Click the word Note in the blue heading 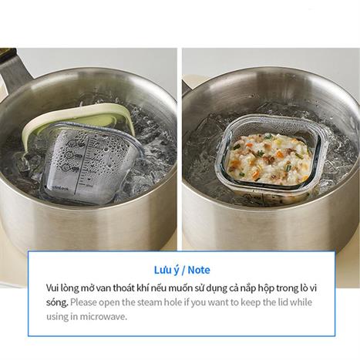(x=199, y=270)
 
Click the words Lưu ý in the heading (x=166, y=271)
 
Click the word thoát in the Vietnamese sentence (x=123, y=288)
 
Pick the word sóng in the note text (x=57, y=303)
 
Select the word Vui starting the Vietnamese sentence (x=52, y=288)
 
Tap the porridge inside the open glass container (x=270, y=158)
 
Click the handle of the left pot (x=13, y=67)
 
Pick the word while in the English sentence (x=301, y=302)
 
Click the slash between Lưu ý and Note (x=183, y=271)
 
